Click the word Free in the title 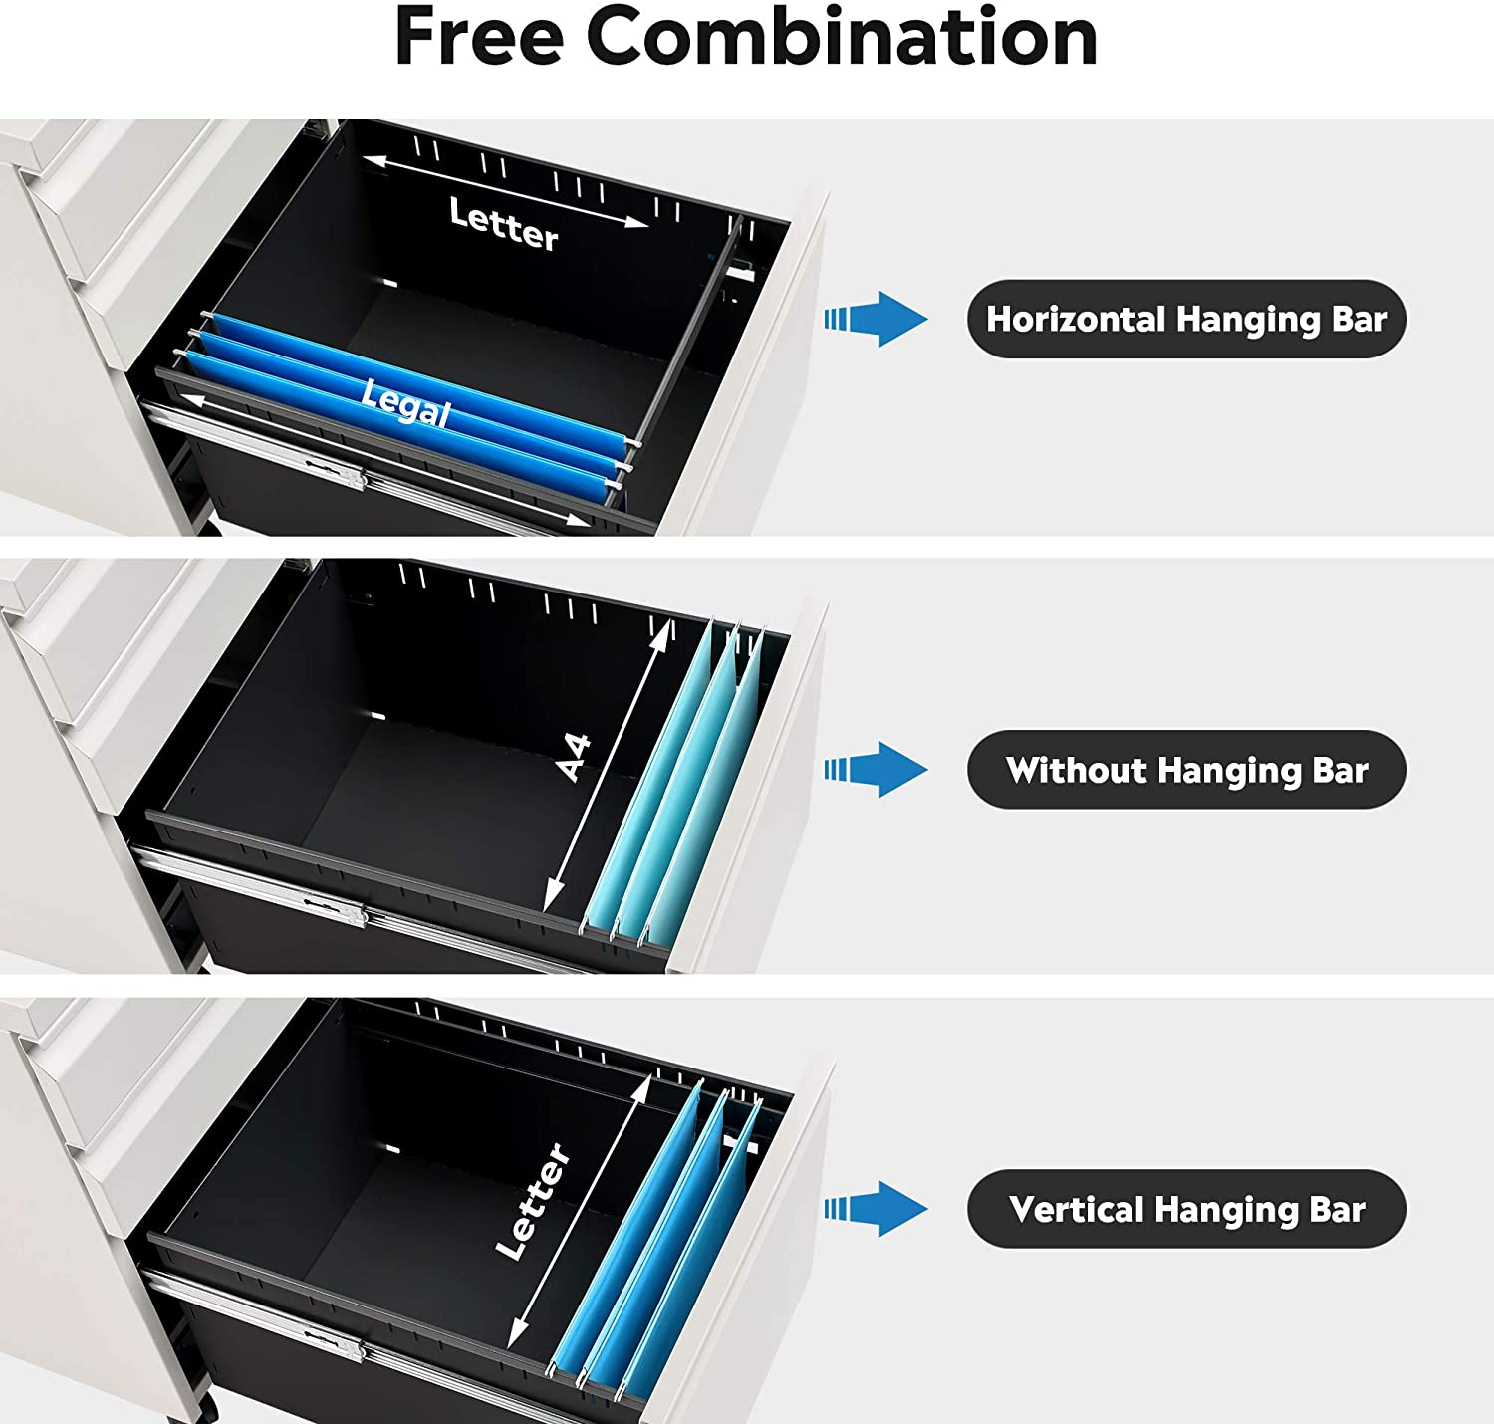coord(479,37)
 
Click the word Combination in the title coord(842,37)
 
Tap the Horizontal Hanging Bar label coord(1186,319)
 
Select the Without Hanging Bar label coord(1186,770)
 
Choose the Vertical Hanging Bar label coord(1186,1209)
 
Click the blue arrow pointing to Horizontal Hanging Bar coord(876,319)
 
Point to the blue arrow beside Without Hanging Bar coord(876,770)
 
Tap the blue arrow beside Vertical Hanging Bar coord(876,1209)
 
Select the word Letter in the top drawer coord(504,225)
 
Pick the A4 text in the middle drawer coord(574,758)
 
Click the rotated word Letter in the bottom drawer coord(533,1201)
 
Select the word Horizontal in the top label coord(1076,319)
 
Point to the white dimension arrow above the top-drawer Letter coord(505,191)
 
